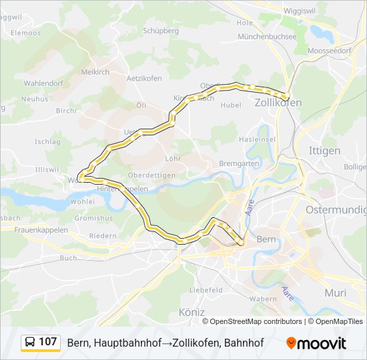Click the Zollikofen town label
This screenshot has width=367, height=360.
pyautogui.click(x=278, y=103)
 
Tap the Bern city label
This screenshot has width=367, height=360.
pyautogui.click(x=266, y=239)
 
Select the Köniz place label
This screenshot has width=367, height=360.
pyautogui.click(x=192, y=312)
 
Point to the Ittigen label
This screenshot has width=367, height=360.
pyautogui.click(x=324, y=151)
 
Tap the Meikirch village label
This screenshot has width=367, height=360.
pyautogui.click(x=95, y=72)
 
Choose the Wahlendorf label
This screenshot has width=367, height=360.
pyautogui.click(x=43, y=83)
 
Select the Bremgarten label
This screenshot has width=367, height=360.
pyautogui.click(x=238, y=163)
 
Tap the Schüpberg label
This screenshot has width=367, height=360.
pyautogui.click(x=161, y=31)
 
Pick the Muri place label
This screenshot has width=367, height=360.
pyautogui.click(x=335, y=293)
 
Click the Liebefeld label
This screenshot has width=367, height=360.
pyautogui.click(x=206, y=291)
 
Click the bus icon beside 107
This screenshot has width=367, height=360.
pyautogui.click(x=31, y=343)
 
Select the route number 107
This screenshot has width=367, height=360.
pyautogui.click(x=48, y=343)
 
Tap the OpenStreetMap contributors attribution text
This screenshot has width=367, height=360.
pyautogui.click(x=256, y=321)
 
